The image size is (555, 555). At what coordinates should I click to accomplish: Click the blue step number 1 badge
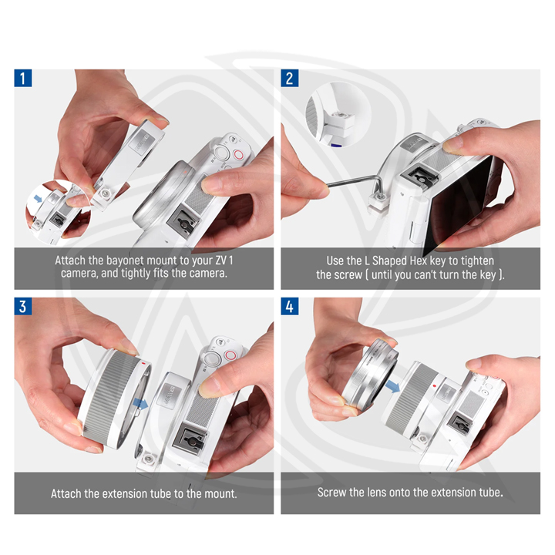point(23,78)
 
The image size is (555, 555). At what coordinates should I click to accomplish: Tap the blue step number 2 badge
point(290,78)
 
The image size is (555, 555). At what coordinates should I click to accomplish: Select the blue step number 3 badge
point(23,306)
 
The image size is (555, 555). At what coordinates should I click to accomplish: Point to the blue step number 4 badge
point(290,306)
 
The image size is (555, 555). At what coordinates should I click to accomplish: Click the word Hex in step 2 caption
point(419,261)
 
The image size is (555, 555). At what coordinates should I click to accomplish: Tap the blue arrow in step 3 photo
point(141,403)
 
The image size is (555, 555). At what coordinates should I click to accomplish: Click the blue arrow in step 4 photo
point(392,386)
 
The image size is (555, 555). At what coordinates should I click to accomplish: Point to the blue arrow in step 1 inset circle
point(38,199)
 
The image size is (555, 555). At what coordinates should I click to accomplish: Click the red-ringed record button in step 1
point(238,154)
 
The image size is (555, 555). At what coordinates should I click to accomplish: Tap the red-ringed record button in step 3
point(230,355)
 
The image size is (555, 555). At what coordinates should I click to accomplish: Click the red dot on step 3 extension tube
point(143,363)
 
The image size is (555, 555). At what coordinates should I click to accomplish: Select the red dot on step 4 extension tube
point(435,386)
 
